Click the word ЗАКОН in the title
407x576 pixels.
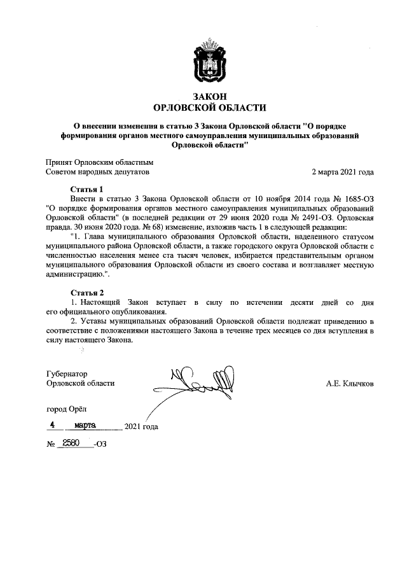click(203, 96)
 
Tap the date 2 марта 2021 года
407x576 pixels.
click(341, 172)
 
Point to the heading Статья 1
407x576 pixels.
click(85, 190)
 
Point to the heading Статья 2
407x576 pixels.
click(85, 292)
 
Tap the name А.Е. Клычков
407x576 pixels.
click(349, 383)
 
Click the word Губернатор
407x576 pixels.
click(67, 374)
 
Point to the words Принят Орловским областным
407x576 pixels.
click(100, 162)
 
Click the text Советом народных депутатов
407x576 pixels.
click(97, 172)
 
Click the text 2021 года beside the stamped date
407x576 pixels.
click(141, 426)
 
